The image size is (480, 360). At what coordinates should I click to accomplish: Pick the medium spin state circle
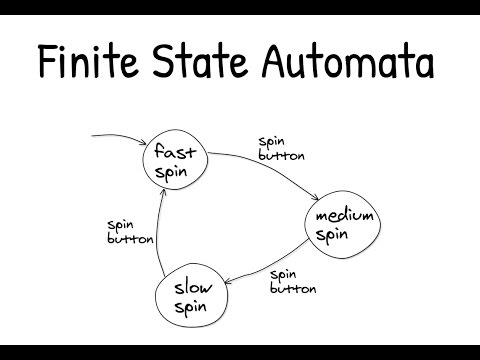tap(344, 226)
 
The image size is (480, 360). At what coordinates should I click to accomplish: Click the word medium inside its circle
tap(344, 217)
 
